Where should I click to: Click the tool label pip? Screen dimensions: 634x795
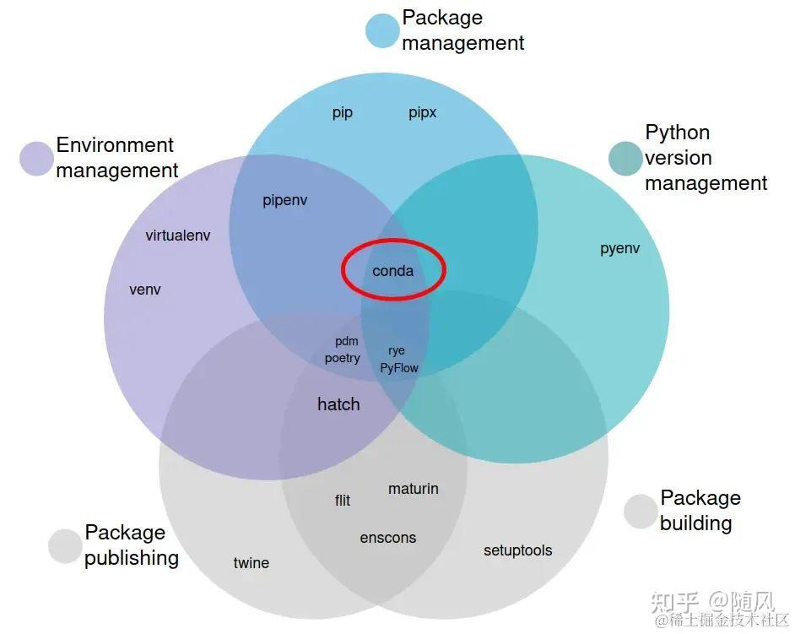coord(343,112)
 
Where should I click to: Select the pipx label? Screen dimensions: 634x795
coord(423,112)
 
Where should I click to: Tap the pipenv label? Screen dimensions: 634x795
coord(285,201)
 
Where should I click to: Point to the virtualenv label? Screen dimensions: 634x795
coord(178,236)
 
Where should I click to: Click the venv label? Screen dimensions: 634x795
coord(145,290)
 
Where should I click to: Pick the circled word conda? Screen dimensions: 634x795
coord(393,271)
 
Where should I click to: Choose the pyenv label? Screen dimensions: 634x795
coord(620,249)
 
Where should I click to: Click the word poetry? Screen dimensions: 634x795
coord(343,358)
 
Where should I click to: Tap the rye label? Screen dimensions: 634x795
coord(397,350)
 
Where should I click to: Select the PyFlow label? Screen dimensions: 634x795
coord(399,368)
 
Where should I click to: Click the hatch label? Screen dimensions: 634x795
coord(338,404)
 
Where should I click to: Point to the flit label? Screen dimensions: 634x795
coord(343,501)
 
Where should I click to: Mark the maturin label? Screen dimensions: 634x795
coord(414,489)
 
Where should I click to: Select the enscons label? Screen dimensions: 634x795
coord(388,538)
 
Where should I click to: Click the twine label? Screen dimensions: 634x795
coord(251,563)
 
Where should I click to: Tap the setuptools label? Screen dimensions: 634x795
coord(518,550)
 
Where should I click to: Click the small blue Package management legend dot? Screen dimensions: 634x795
coord(382,30)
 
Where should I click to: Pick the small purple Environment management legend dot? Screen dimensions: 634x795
coord(37,158)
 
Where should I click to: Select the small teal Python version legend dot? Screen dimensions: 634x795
coord(625,159)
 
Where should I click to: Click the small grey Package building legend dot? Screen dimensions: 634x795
coord(641,511)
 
